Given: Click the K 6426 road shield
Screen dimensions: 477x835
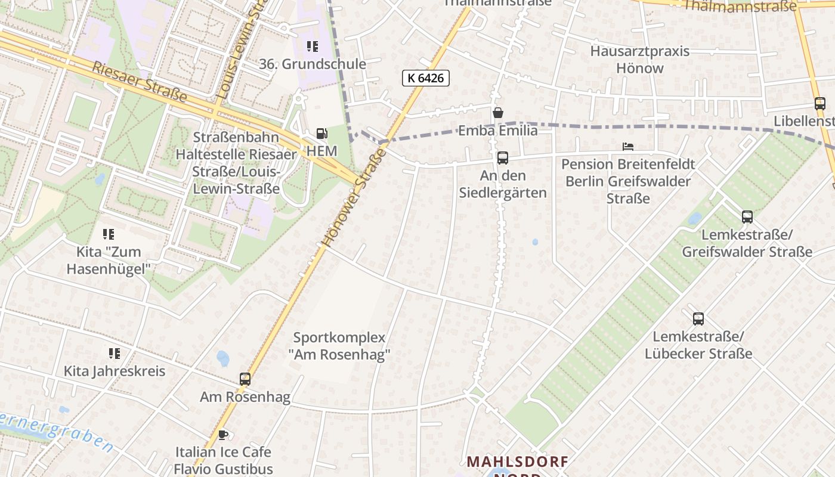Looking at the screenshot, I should click(x=425, y=78).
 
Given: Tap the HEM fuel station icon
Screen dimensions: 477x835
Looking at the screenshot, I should click(x=322, y=134).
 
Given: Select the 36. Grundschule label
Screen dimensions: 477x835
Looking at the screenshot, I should click(x=313, y=64).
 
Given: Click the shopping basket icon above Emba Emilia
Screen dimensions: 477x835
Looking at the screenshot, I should click(x=498, y=113).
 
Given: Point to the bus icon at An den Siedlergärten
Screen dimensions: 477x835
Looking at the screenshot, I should click(x=503, y=158).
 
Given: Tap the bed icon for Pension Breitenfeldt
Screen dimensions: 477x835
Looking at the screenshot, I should click(x=627, y=146).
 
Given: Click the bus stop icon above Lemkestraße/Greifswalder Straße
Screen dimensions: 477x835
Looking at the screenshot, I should click(x=747, y=217).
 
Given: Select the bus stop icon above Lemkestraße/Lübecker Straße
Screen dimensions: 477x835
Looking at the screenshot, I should click(x=698, y=319).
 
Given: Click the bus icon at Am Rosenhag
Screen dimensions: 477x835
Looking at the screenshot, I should click(x=245, y=379).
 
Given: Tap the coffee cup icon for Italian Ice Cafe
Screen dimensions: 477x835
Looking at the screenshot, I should click(x=223, y=435).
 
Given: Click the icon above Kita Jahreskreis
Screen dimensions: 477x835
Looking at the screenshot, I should click(x=115, y=354).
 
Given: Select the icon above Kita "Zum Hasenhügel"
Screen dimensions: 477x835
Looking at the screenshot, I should click(x=108, y=234).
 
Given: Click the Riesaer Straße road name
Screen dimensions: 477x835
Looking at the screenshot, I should click(x=140, y=81).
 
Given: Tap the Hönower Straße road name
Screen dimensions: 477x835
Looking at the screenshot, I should click(x=354, y=199).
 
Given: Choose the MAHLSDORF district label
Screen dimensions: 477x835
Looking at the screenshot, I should click(x=517, y=461).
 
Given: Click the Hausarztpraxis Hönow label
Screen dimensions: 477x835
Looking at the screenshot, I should click(x=639, y=60).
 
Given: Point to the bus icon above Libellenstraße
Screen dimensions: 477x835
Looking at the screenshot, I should click(x=820, y=104).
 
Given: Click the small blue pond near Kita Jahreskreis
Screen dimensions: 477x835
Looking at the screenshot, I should click(x=223, y=358).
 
